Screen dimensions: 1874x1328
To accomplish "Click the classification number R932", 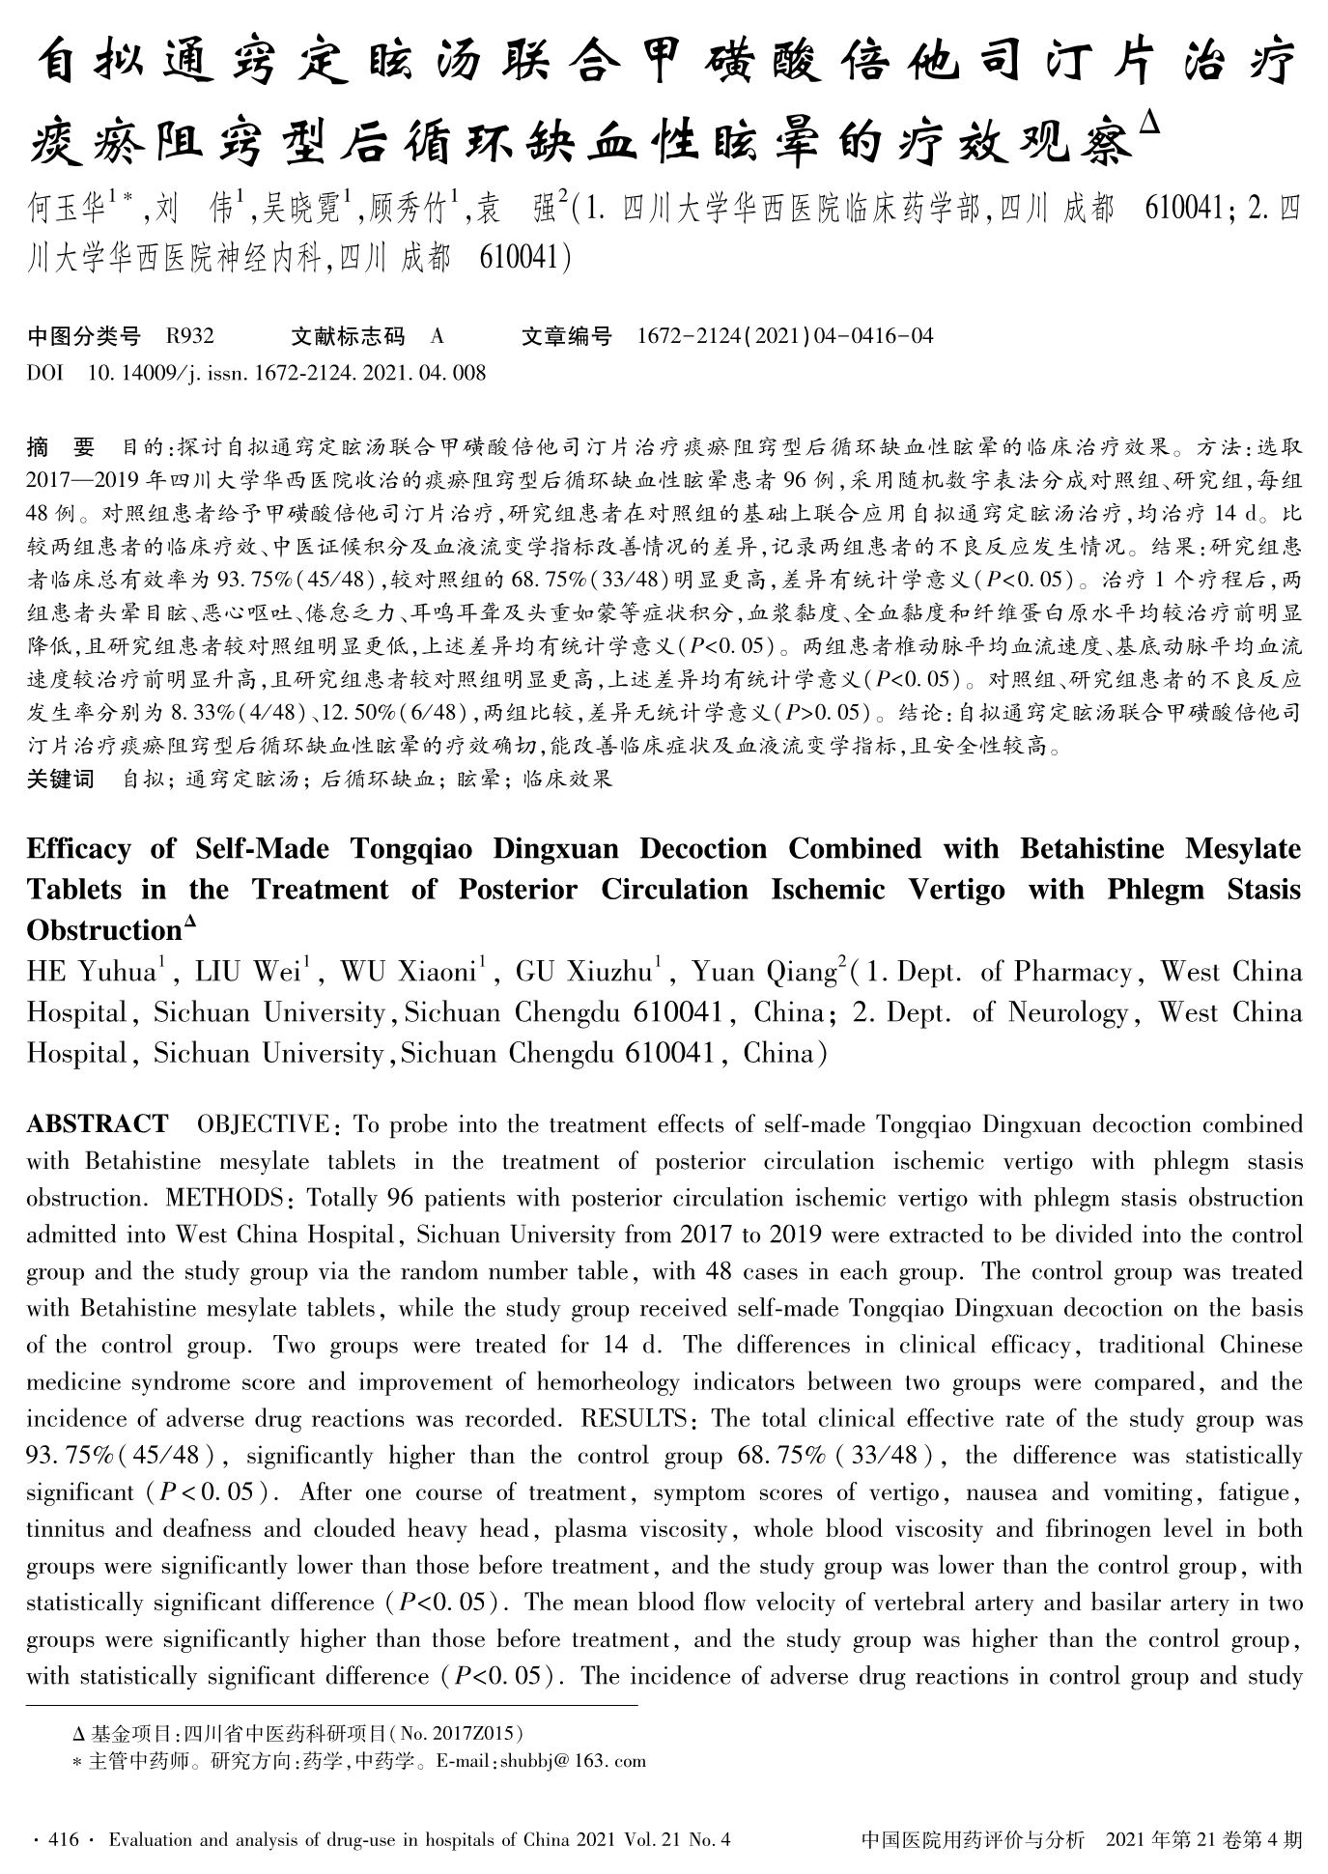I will pos(189,336).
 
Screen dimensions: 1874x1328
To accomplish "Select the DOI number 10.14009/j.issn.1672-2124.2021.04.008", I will pos(286,372).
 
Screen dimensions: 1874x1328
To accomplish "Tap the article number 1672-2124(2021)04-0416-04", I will pos(785,336).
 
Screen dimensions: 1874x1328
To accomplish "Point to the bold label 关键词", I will pos(60,779).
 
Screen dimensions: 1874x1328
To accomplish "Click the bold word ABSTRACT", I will pos(97,1124).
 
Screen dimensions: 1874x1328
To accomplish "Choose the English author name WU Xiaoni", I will pos(410,972).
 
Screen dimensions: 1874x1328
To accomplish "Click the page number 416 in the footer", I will pos(62,1840).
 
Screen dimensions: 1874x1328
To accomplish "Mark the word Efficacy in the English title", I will pos(78,848).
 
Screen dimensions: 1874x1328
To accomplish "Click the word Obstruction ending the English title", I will pos(104,930).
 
